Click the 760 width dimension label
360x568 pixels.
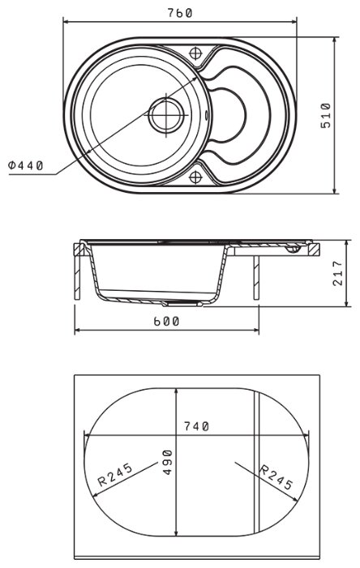click(179, 13)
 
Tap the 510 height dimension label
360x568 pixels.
click(326, 115)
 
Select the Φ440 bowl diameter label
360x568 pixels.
click(26, 165)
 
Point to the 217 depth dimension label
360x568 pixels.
click(337, 273)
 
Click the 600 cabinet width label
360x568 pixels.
click(166, 322)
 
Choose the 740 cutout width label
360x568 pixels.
click(196, 426)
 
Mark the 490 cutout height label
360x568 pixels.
click(167, 462)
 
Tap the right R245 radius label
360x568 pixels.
click(276, 477)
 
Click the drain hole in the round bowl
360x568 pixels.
click(166, 115)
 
